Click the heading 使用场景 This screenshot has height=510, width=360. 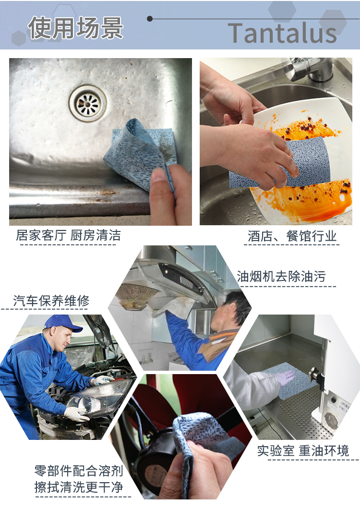pos(75,28)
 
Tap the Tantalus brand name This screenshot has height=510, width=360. pos(282,33)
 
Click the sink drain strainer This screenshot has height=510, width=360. pos(87,103)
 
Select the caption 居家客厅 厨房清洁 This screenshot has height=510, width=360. pos(68,235)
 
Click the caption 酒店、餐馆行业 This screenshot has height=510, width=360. pos(292,236)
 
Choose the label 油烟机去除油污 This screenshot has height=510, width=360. pos(281,276)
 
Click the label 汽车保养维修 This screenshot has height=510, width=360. pos(51,301)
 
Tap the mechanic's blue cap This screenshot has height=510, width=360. pos(61,323)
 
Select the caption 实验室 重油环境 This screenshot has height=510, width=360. pos(302,451)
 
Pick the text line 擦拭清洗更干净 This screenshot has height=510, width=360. pos(79,487)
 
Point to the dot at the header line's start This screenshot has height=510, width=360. pos(150,19)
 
